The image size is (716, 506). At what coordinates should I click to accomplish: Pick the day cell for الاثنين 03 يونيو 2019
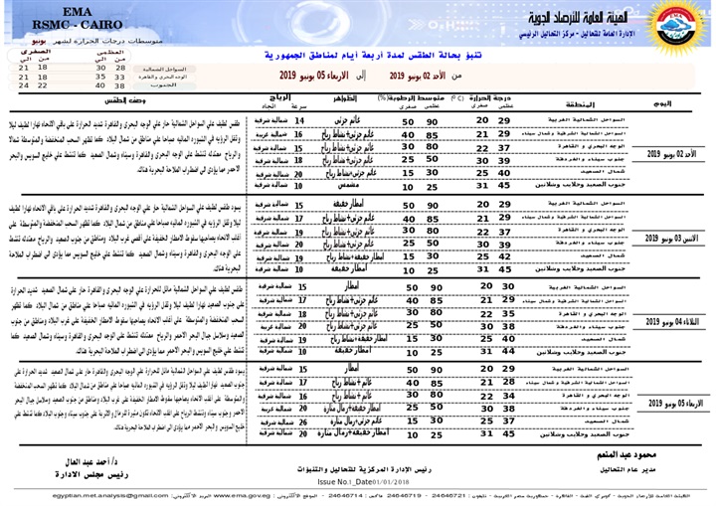tap(667, 240)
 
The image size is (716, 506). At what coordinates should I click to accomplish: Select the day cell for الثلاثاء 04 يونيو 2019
tap(667, 323)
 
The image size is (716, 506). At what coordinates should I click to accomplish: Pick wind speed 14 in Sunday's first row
tap(300, 118)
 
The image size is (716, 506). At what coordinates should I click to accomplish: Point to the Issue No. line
tap(343, 483)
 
